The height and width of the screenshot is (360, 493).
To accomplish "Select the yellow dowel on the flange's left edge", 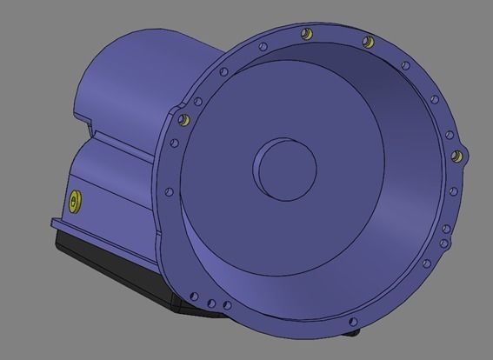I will pos(183,119).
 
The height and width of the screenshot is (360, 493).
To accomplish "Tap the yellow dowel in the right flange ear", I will pos(455,157).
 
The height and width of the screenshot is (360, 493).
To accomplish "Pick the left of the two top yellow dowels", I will pos(305,34).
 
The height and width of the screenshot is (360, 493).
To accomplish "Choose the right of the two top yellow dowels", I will pos(368,40).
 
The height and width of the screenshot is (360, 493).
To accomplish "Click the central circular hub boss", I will pos(284,166).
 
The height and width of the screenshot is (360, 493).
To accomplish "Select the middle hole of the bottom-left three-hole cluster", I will pos(211,303).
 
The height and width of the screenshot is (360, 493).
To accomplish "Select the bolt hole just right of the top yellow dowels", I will pos(404,65).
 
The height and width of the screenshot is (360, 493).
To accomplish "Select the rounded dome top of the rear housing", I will pos(130,52).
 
